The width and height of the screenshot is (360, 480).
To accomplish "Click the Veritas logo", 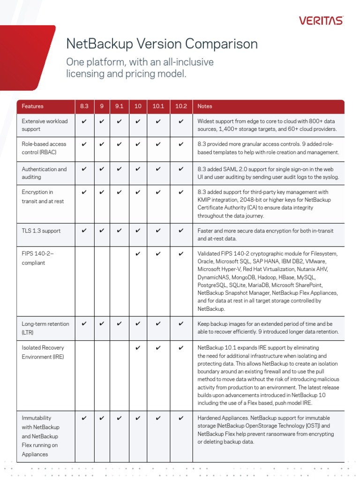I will [x=321, y=21].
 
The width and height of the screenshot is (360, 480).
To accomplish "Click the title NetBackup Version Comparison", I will [x=162, y=44].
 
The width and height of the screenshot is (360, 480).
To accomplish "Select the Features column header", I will [x=33, y=106].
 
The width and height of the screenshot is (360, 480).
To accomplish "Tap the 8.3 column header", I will [x=84, y=106].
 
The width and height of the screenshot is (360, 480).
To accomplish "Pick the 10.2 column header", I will [x=181, y=106].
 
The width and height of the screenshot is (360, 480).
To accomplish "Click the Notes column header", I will [x=205, y=106].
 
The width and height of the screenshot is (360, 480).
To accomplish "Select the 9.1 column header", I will [x=119, y=106].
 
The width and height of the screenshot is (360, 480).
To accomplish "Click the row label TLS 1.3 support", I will [x=41, y=231].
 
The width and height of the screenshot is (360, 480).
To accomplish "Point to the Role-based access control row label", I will [x=44, y=148].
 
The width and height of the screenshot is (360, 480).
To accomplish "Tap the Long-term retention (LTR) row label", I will [x=45, y=328].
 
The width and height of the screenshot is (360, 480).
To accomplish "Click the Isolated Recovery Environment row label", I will [x=43, y=352].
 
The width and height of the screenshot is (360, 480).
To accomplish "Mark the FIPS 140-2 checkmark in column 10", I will [x=138, y=254].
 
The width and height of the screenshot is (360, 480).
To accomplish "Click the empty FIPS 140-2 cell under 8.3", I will [x=84, y=281].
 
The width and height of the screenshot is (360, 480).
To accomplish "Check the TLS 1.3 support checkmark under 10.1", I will [x=158, y=231].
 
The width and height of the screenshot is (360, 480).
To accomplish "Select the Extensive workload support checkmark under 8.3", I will [x=84, y=121].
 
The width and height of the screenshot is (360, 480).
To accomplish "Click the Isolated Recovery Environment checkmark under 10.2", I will [x=181, y=348].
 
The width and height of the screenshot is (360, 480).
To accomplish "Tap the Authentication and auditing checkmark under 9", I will [x=102, y=169].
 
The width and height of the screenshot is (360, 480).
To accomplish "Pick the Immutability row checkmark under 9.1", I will [x=119, y=418].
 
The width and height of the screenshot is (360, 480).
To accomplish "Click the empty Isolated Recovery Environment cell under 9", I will [x=102, y=375].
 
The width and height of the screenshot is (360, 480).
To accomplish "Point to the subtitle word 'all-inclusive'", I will [x=184, y=62].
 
